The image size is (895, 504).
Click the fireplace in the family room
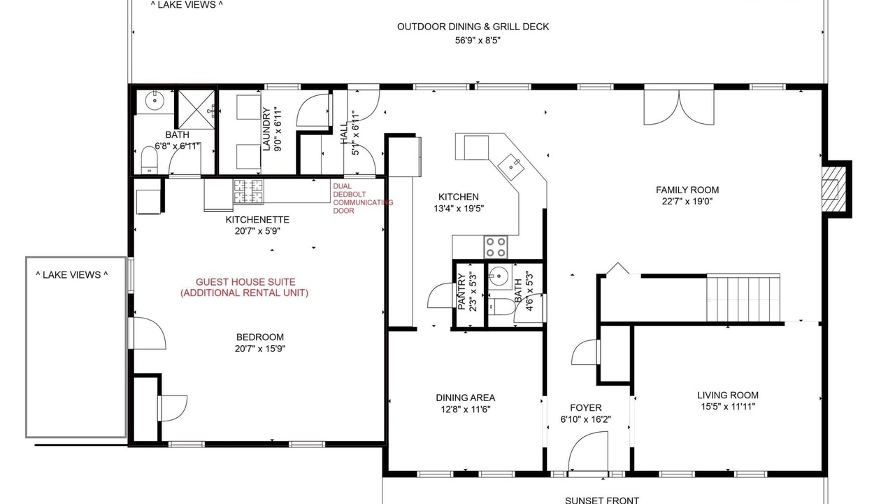(834, 189)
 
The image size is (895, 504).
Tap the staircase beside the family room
(743, 297)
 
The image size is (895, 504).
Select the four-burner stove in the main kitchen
(496, 247)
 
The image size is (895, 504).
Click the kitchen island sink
(510, 167)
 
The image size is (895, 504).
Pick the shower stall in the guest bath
(196, 110)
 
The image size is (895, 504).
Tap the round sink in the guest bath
(155, 100)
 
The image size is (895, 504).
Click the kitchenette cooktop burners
(248, 192)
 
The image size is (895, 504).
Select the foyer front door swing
(588, 451)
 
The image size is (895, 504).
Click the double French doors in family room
(679, 107)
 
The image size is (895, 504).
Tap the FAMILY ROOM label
(687, 190)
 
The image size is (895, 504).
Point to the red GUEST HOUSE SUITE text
(245, 281)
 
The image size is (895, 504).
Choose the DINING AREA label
(466, 398)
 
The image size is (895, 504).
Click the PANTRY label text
(461, 292)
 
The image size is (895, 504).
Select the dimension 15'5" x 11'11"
(728, 407)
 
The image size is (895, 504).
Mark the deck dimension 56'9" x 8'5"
(478, 41)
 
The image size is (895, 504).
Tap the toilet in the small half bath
(502, 307)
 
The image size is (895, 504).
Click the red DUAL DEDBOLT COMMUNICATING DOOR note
(363, 198)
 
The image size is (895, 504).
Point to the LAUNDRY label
(266, 129)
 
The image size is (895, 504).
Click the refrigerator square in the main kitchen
(476, 148)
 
